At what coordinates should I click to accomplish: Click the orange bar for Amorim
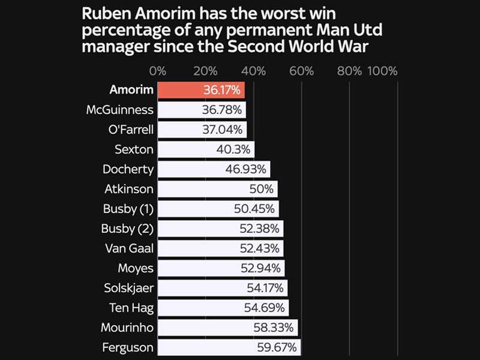click(180, 90)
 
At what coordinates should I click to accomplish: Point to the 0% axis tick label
click(158, 71)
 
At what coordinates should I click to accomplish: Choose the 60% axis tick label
click(301, 71)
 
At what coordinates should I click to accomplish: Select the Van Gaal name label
click(129, 248)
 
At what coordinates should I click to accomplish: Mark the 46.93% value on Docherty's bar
click(245, 169)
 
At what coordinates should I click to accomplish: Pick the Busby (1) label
click(128, 209)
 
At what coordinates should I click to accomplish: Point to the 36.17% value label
click(221, 90)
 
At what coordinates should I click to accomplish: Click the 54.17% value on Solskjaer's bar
click(265, 288)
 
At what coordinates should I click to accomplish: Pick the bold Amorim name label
click(131, 90)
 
